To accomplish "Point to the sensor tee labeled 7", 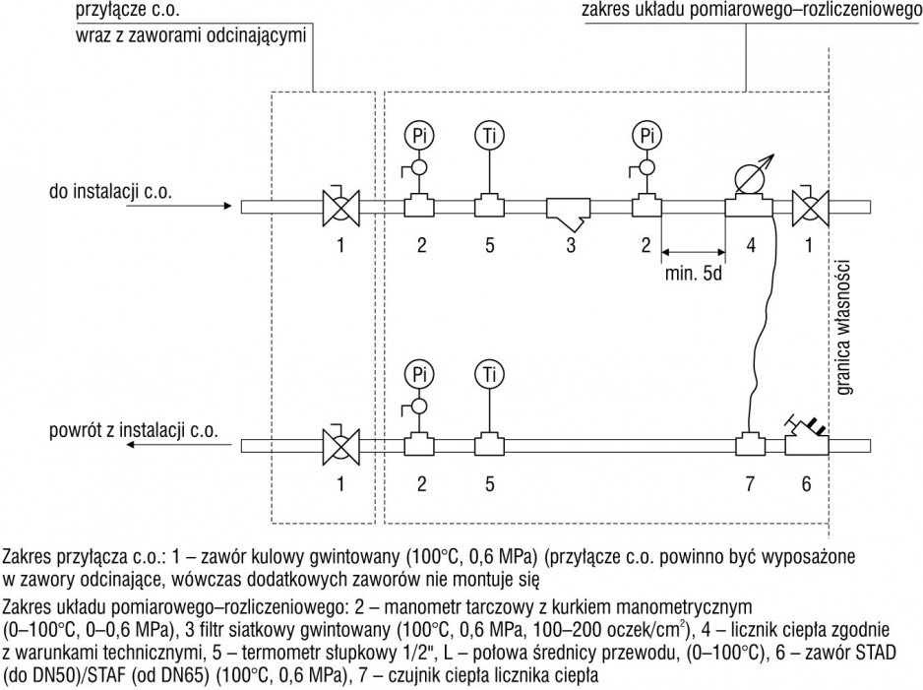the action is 750,443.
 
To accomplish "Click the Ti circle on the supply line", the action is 489,136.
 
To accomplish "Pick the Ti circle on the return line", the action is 489,374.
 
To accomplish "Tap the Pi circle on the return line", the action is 419,374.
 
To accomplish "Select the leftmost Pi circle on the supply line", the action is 419,136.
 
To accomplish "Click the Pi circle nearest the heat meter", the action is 646,136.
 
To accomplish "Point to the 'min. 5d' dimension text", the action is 693,274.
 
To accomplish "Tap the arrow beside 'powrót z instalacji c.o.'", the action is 178,444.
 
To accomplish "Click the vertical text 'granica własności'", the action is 845,326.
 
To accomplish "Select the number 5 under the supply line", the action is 490,245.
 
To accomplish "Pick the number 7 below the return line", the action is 750,483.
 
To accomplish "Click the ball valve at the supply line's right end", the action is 810,205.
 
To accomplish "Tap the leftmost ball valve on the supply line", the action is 340,205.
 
